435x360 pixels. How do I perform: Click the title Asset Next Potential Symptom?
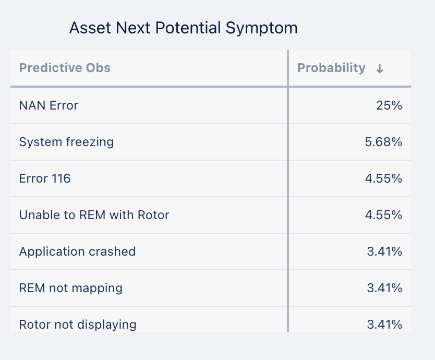point(184,28)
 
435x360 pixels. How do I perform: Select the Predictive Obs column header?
point(65,68)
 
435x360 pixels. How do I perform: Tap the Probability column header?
point(331,68)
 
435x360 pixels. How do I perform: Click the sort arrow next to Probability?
point(380,69)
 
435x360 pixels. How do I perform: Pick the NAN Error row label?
point(49,105)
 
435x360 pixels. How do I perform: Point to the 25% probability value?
point(389,105)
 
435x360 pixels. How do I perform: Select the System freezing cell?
point(66,142)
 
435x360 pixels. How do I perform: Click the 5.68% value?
point(383,142)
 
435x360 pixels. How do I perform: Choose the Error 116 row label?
point(45,178)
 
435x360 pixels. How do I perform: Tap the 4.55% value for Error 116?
point(383,178)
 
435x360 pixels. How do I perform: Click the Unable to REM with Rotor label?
point(94,215)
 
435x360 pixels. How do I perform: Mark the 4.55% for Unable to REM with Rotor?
point(383,215)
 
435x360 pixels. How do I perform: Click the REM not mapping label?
point(71,289)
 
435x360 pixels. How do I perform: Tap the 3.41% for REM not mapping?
point(384,288)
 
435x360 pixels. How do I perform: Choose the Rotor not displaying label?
point(78,325)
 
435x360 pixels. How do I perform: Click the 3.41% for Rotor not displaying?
point(384,325)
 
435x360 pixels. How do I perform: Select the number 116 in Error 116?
point(61,178)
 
